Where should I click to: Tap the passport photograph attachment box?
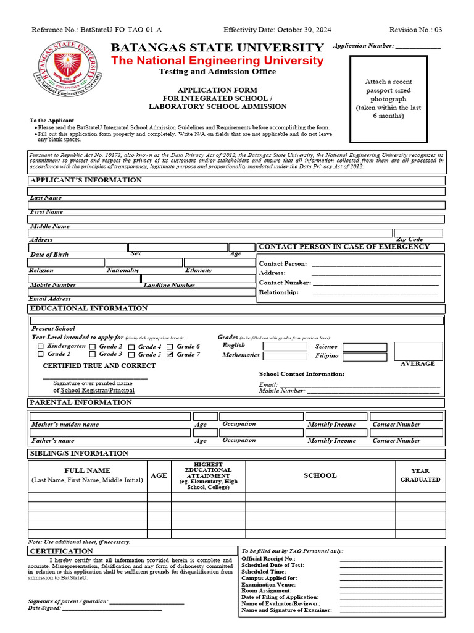tap(388, 99)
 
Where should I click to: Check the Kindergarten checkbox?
tap(41, 347)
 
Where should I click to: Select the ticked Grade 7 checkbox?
tap(170, 355)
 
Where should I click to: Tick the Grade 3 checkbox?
tap(93, 355)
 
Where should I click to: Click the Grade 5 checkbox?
tap(131, 355)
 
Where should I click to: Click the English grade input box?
tap(285, 346)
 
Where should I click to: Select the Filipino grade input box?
tap(365, 357)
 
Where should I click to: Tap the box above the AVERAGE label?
tap(418, 351)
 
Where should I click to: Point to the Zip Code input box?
tap(418, 233)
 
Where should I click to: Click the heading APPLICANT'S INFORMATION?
tap(86, 181)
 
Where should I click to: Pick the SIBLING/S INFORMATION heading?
tap(80, 454)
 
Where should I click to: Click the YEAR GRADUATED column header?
tap(420, 475)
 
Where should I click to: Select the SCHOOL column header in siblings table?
tap(320, 475)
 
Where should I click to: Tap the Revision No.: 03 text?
tap(415, 30)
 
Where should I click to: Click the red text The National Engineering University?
tap(217, 61)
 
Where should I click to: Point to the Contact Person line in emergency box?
tap(376, 264)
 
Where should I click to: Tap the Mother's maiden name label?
tap(65, 425)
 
